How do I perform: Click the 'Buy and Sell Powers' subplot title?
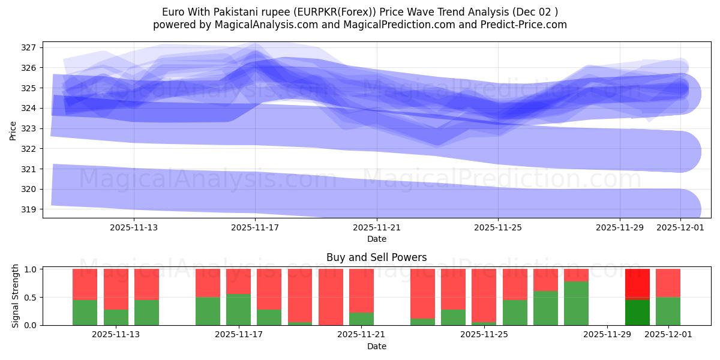point(376,257)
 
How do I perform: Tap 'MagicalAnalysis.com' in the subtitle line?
point(255,25)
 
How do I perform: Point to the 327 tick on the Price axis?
point(29,47)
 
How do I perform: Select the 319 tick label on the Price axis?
point(29,209)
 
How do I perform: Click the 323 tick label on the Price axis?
point(29,128)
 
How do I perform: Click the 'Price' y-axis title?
point(13,130)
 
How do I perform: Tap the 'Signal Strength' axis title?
point(16,296)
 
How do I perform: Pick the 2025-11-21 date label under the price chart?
point(377,227)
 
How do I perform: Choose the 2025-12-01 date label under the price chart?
point(680,227)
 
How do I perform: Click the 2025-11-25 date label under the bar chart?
point(483,335)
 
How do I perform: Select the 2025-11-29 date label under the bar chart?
point(607,335)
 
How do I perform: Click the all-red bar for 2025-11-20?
point(331,297)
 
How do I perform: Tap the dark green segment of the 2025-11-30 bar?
point(637,312)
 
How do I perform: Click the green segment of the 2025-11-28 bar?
point(576,303)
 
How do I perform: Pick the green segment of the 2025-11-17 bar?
point(238,310)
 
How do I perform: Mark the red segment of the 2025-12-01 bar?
point(668,283)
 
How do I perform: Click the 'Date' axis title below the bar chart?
point(376,346)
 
